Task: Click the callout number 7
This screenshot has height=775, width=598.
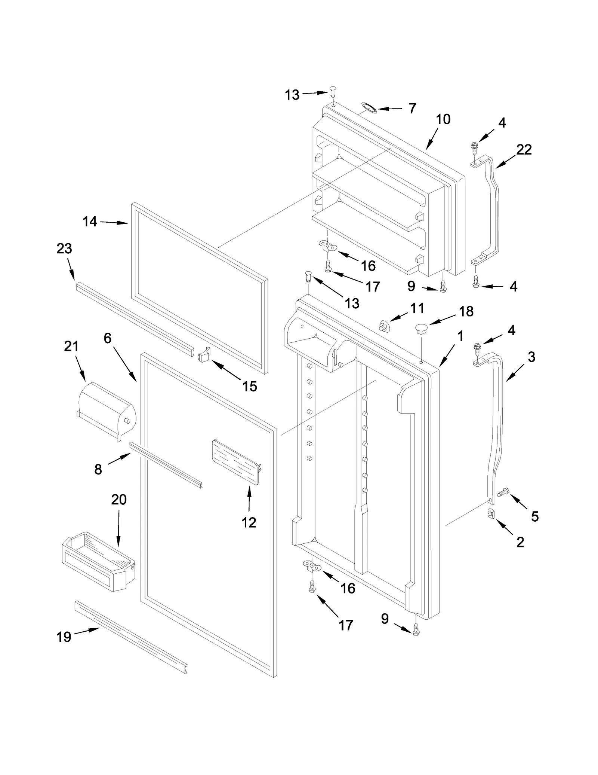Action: (x=412, y=109)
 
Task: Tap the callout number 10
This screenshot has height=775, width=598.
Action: (x=443, y=119)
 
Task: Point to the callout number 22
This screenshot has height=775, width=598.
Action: (x=524, y=150)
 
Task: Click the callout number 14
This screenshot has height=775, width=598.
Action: (x=90, y=222)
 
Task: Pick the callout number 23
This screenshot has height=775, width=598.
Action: (x=64, y=248)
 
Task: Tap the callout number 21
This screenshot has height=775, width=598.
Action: (x=71, y=346)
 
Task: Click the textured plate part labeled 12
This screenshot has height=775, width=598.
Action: (x=235, y=462)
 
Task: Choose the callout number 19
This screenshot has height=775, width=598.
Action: (x=64, y=637)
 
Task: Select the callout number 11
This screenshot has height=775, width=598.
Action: (x=417, y=308)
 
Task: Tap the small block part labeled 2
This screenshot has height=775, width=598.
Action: (x=491, y=513)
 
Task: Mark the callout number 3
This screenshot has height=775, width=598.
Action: (x=531, y=357)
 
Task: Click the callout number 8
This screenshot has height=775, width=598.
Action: (x=98, y=469)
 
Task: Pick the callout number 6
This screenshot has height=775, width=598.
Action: (x=107, y=338)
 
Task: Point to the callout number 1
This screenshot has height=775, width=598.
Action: (x=460, y=336)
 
